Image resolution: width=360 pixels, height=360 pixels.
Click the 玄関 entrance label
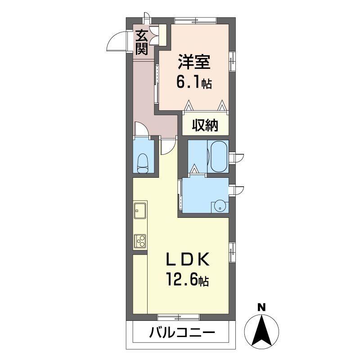click(141, 42)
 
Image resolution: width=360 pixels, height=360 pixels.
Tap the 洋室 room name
click(194, 62)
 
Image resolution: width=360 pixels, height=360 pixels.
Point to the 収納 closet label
click(205, 125)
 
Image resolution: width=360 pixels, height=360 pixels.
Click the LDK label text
click(187, 259)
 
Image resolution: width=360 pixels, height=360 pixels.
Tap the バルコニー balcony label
click(182, 333)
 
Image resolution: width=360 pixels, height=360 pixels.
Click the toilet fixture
click(143, 163)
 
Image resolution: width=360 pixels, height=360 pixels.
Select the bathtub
click(220, 156)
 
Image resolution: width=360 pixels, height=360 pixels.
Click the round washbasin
click(220, 207)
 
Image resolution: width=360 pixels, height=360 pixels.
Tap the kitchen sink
click(140, 211)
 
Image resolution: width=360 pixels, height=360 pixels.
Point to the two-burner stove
click(140, 241)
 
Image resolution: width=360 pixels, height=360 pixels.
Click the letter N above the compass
click(261, 307)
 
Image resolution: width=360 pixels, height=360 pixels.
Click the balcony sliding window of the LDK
click(178, 317)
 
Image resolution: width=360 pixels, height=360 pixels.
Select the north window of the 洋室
click(195, 21)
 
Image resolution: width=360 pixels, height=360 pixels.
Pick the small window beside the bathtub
click(237, 158)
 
